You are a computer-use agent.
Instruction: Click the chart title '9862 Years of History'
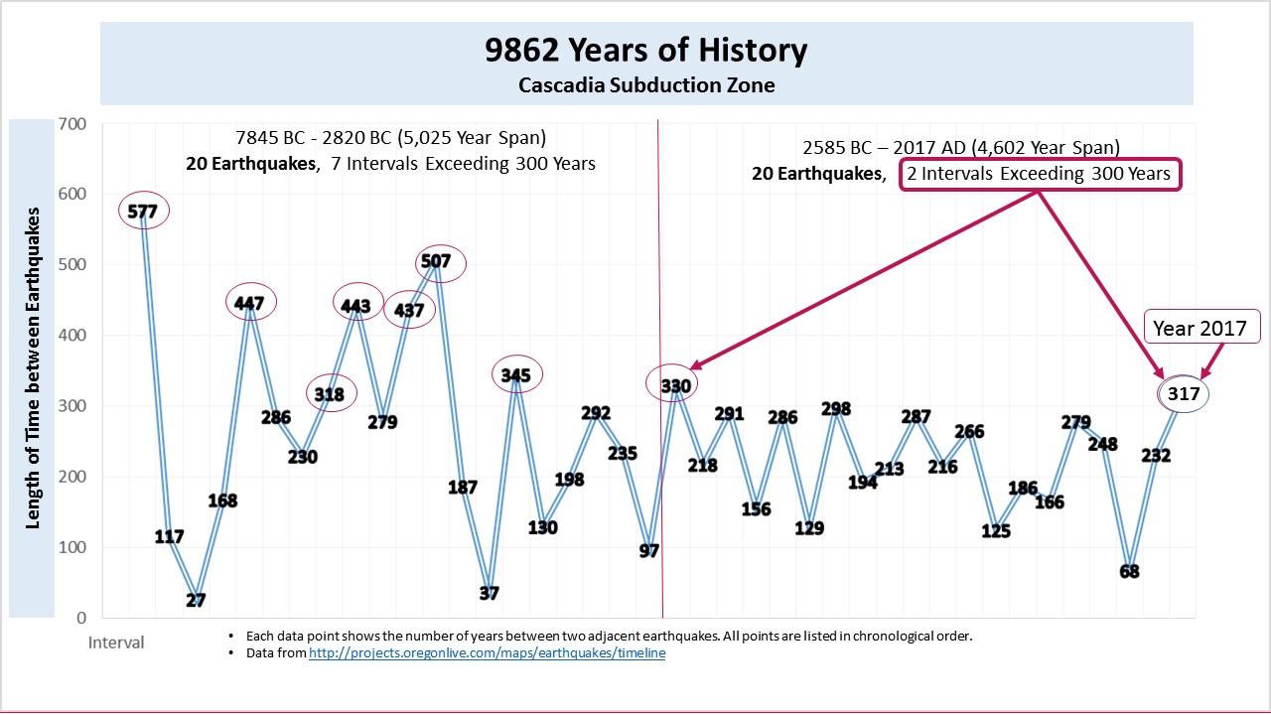point(645,51)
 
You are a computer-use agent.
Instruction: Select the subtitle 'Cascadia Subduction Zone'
point(645,85)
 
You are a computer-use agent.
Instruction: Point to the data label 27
point(197,600)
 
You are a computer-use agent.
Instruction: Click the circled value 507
point(436,262)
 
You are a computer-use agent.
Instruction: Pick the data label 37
point(489,593)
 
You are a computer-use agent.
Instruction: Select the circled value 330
point(675,385)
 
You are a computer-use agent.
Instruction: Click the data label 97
point(649,550)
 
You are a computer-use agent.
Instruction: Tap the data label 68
point(1129,571)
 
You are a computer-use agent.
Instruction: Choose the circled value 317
point(1184,394)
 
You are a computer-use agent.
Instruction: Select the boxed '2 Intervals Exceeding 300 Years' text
point(1040,175)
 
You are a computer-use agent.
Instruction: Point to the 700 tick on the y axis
point(73,124)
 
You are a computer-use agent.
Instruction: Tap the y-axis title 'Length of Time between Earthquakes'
point(34,367)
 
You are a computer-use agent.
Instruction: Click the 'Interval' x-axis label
point(116,643)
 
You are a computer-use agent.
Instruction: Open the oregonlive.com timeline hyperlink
point(487,653)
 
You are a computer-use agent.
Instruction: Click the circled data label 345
point(516,375)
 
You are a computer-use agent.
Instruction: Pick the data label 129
point(809,527)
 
